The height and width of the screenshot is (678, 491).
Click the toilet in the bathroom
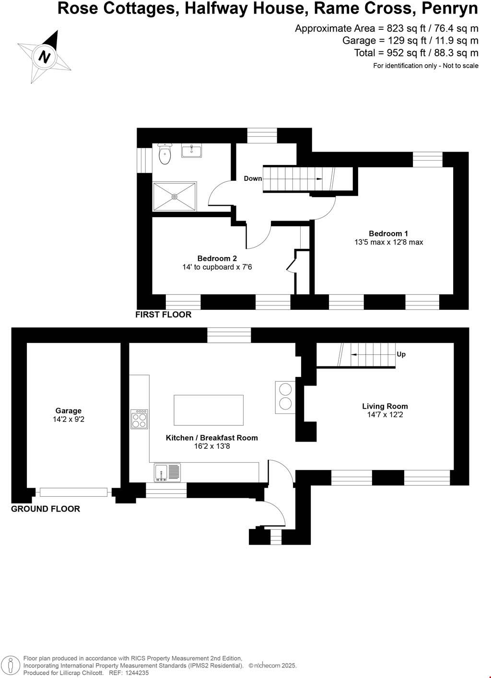click(164, 154)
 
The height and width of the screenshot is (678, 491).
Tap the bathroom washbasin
click(191, 151)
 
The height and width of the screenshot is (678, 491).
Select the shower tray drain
click(175, 197)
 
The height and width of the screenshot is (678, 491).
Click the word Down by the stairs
click(253, 178)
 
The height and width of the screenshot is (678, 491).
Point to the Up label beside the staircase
click(401, 354)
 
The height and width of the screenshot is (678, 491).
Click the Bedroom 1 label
click(388, 234)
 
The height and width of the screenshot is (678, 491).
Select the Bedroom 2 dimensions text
click(217, 267)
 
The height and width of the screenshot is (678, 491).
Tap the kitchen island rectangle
click(209, 410)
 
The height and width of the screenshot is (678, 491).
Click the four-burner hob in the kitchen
click(140, 419)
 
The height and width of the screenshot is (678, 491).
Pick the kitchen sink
click(167, 472)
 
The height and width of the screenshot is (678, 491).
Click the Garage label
click(69, 410)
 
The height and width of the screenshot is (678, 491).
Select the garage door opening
click(73, 492)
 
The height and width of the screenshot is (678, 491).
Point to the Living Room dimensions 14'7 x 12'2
click(385, 415)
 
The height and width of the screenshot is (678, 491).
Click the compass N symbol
click(45, 57)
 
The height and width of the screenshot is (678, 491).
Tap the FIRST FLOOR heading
click(163, 315)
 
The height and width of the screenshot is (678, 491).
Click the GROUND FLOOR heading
click(46, 509)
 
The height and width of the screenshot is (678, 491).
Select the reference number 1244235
click(137, 673)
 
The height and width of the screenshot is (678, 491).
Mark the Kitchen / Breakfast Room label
click(211, 438)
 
